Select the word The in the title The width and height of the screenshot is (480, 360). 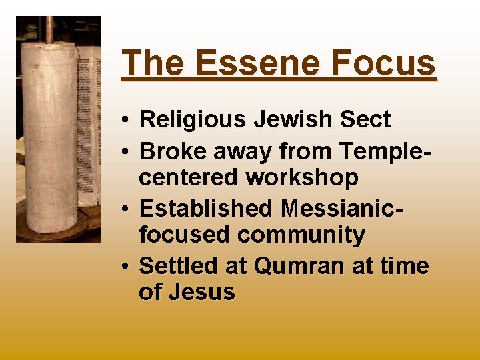click(152, 63)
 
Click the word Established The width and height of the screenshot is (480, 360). click(206, 209)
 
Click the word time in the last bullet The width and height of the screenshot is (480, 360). click(405, 266)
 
